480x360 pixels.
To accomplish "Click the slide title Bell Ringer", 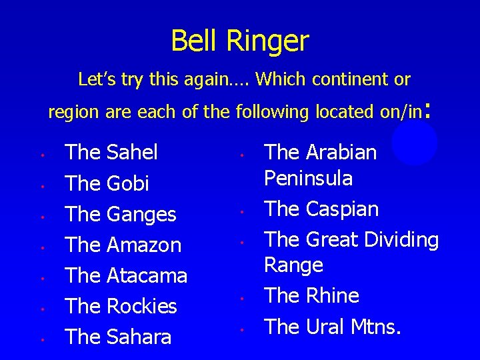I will coord(240,41).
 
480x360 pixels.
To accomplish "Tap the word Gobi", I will coord(127,183).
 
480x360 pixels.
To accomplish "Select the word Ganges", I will coord(141,215).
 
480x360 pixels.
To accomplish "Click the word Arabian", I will coord(341,153).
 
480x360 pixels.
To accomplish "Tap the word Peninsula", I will coord(309,179).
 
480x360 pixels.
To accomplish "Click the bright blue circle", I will coord(415,143).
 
